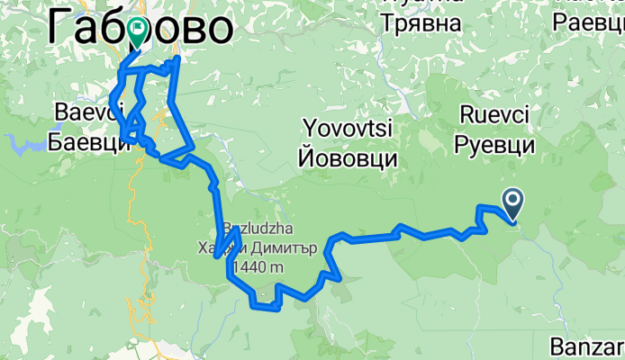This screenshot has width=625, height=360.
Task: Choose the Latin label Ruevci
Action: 495,115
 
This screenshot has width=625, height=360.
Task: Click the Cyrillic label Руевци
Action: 495,144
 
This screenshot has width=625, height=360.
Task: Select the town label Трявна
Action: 422,21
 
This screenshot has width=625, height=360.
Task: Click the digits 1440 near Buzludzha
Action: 249,267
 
